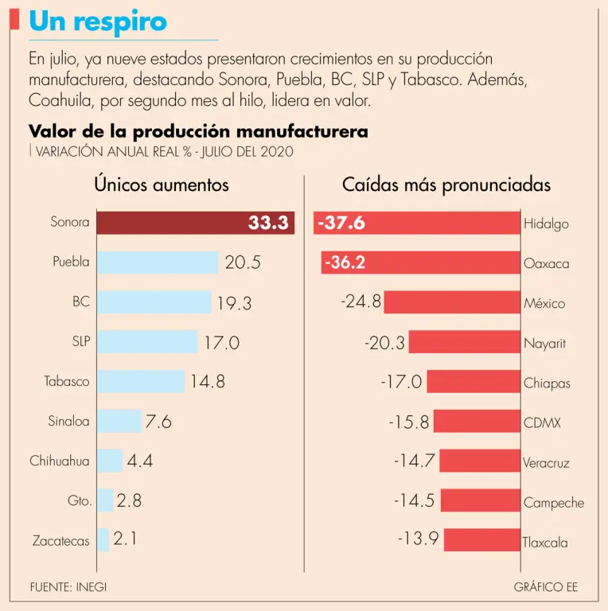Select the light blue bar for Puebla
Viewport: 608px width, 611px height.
(x=158, y=263)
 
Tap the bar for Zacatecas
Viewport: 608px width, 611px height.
(x=103, y=540)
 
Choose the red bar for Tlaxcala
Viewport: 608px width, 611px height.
(x=481, y=540)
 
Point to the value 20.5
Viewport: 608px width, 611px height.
(x=243, y=263)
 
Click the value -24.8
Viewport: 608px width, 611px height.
(x=361, y=302)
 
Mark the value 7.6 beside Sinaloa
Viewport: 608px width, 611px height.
(x=158, y=422)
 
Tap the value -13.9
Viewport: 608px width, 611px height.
(x=419, y=539)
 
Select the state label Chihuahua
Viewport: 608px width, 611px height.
(x=60, y=461)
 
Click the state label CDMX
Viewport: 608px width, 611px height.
(x=542, y=422)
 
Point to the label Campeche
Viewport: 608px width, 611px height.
(x=553, y=503)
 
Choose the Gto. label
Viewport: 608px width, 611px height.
(x=80, y=501)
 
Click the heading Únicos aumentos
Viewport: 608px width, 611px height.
(x=162, y=185)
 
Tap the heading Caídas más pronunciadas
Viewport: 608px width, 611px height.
(x=446, y=185)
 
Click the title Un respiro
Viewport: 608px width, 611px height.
(x=98, y=21)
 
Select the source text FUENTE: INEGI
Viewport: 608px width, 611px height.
(x=68, y=587)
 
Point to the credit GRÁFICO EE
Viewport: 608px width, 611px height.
(x=546, y=587)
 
